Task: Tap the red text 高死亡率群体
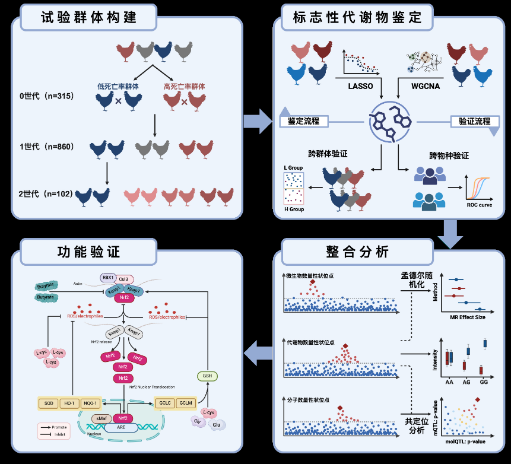point(184,87)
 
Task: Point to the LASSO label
point(360,86)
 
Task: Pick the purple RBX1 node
point(107,277)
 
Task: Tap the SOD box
point(48,403)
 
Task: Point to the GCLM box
point(186,403)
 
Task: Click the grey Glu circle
point(217,425)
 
